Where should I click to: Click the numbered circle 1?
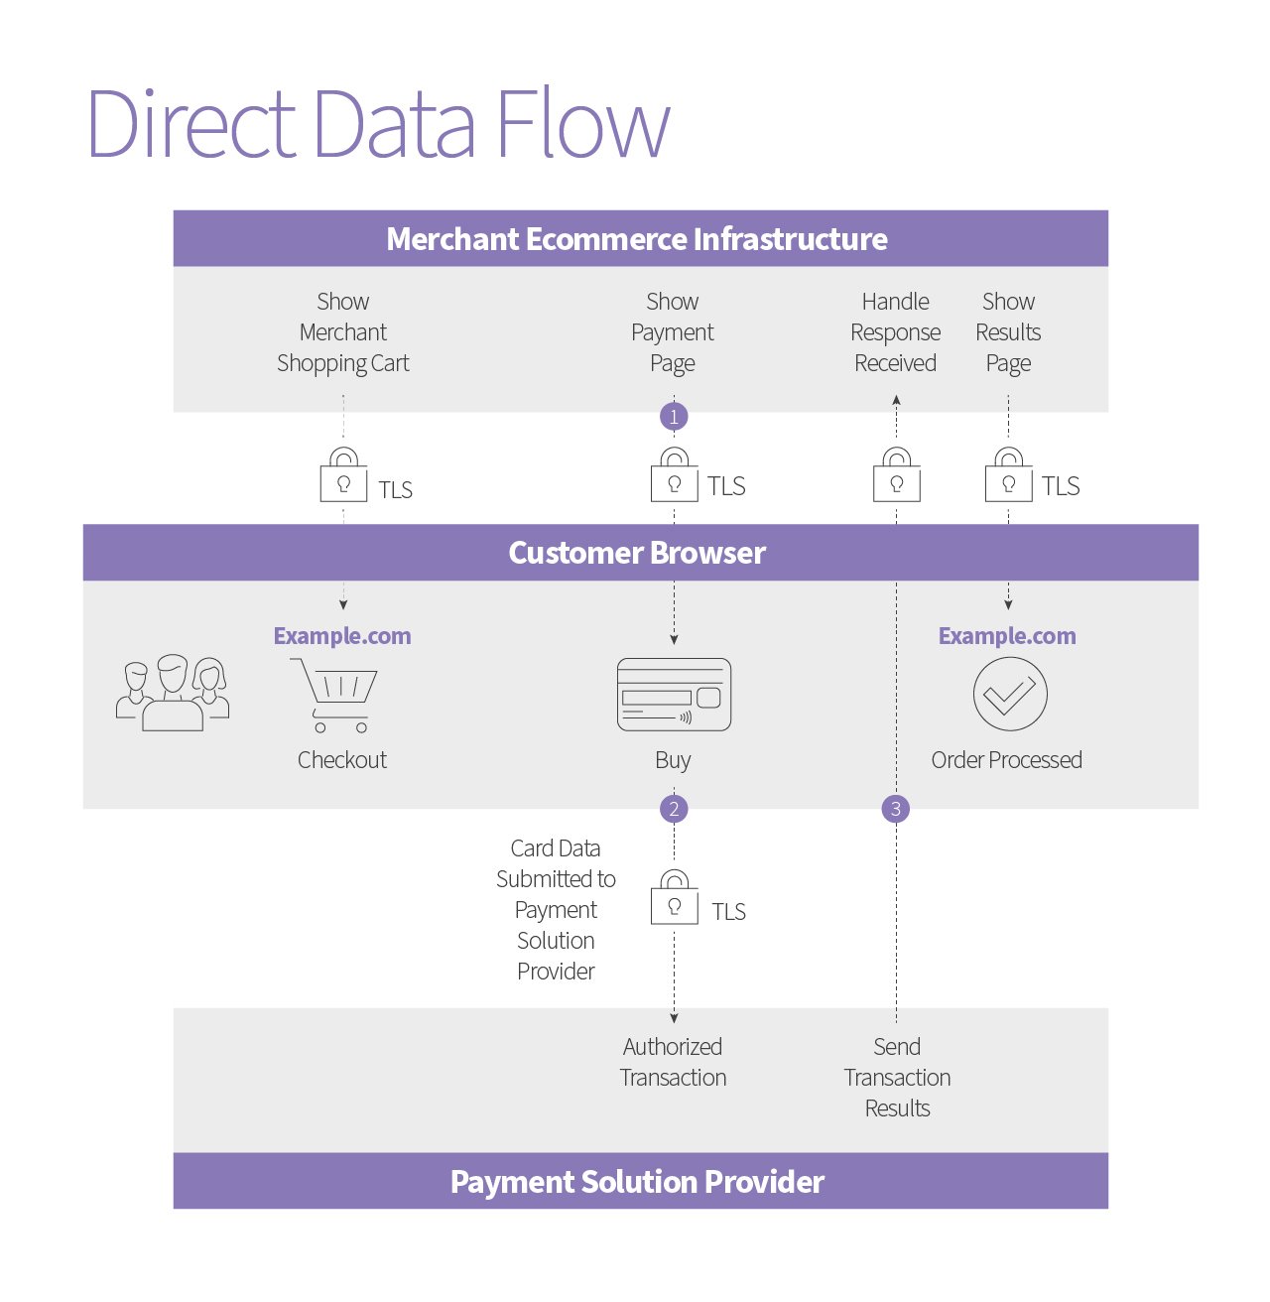click(x=674, y=417)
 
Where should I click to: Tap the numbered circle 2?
click(x=674, y=809)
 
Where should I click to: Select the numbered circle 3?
click(x=896, y=809)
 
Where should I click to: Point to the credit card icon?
click(x=674, y=695)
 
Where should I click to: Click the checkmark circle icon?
click(x=1009, y=695)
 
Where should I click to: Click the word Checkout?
click(x=342, y=760)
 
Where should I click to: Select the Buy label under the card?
click(x=673, y=760)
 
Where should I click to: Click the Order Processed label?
click(x=1006, y=760)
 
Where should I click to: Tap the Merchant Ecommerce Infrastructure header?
click(x=637, y=239)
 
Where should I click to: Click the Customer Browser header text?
click(x=637, y=553)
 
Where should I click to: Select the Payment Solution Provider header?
click(x=637, y=1182)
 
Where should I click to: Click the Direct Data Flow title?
click(x=379, y=124)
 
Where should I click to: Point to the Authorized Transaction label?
click(x=673, y=1062)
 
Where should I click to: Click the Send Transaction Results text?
click(x=897, y=1077)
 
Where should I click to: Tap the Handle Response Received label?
click(x=896, y=332)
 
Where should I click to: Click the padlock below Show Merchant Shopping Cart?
click(x=343, y=476)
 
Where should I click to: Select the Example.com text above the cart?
click(x=342, y=636)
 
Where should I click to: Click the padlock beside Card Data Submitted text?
click(x=675, y=899)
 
